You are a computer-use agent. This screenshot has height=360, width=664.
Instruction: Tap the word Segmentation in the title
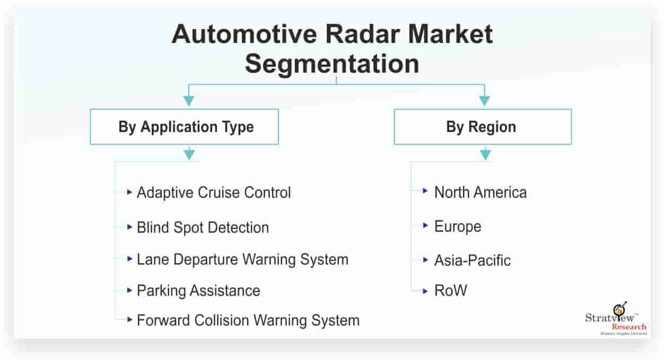(x=332, y=64)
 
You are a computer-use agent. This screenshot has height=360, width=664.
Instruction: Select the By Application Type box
(x=185, y=127)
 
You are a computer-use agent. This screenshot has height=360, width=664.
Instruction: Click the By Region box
(x=482, y=127)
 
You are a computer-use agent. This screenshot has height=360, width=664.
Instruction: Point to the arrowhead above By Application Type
(x=189, y=101)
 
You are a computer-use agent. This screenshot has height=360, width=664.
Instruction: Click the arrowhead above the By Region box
(x=484, y=101)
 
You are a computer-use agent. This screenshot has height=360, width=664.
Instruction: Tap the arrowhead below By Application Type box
(x=189, y=155)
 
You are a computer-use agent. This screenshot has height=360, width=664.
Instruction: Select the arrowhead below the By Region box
(x=484, y=155)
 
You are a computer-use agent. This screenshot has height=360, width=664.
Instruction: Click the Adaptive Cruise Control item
(x=214, y=192)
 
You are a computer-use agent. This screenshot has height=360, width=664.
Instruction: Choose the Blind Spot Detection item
(x=203, y=227)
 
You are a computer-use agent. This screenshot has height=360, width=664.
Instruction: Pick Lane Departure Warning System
(x=242, y=259)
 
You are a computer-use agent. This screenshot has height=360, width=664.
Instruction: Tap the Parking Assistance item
(x=198, y=291)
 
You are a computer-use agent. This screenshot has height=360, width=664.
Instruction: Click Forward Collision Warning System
(x=248, y=320)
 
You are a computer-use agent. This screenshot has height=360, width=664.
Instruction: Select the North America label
(x=480, y=192)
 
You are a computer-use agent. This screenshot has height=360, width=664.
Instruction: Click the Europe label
(x=458, y=226)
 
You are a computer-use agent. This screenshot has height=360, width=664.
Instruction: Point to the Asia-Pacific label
(x=472, y=260)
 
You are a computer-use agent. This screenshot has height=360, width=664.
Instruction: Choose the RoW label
(x=450, y=291)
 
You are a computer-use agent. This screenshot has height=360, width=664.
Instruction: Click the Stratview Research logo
(x=615, y=319)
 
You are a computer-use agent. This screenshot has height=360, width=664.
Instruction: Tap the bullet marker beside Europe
(x=425, y=226)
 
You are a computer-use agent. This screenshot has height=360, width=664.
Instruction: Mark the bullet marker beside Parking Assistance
(x=130, y=290)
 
